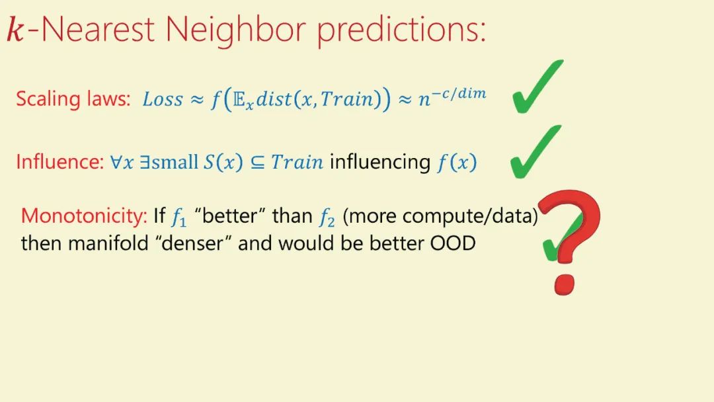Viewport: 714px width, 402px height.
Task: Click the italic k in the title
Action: (15, 30)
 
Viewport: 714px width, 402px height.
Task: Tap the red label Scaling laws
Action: (73, 99)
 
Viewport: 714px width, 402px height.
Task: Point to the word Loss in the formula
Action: (163, 99)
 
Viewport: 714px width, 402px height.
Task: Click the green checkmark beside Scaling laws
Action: (537, 87)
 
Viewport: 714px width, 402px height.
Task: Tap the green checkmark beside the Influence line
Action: (535, 151)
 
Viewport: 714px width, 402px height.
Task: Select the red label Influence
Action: (60, 161)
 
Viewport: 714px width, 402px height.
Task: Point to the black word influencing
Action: (380, 162)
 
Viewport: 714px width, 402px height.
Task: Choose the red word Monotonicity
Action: (84, 216)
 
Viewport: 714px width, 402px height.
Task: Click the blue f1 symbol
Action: (179, 217)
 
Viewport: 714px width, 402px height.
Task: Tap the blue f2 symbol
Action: (327, 217)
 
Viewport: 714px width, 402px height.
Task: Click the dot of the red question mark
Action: (565, 284)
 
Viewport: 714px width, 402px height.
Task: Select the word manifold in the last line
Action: (108, 243)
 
